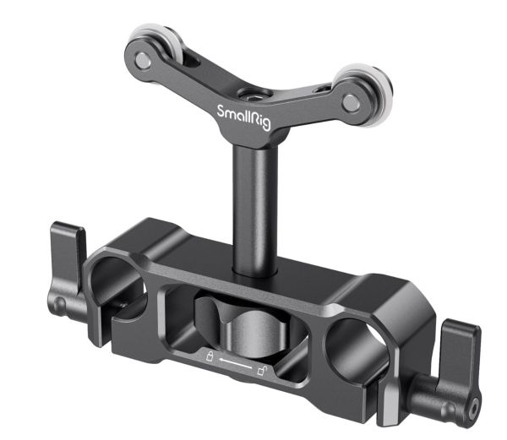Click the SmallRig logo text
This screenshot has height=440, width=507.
[244, 117]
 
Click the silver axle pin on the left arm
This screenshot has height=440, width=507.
[143, 60]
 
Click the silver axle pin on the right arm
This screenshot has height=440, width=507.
[352, 103]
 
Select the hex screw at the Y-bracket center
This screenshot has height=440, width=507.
[255, 95]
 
